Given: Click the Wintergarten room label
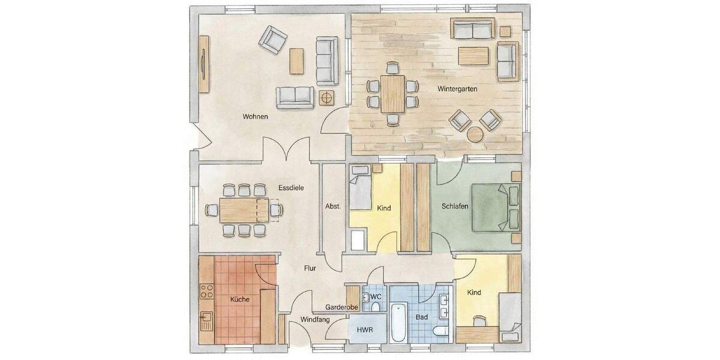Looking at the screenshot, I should click(458, 88).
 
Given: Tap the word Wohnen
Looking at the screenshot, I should click(255, 116).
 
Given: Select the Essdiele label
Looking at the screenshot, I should click(291, 187).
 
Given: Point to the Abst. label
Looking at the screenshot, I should click(333, 206).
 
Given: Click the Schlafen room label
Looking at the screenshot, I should click(454, 206).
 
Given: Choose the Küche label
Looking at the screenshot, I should click(240, 298).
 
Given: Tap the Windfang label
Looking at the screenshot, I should click(315, 320).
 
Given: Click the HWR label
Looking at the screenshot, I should click(365, 330).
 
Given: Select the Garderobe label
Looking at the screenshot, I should click(342, 307).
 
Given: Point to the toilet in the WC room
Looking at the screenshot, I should click(375, 307).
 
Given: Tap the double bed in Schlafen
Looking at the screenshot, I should click(495, 207).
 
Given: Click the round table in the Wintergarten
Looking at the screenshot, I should click(476, 134).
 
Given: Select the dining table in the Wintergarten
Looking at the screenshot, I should click(393, 93).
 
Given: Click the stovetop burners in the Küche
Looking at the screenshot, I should click(207, 292).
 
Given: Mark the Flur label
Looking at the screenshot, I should click(310, 268).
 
